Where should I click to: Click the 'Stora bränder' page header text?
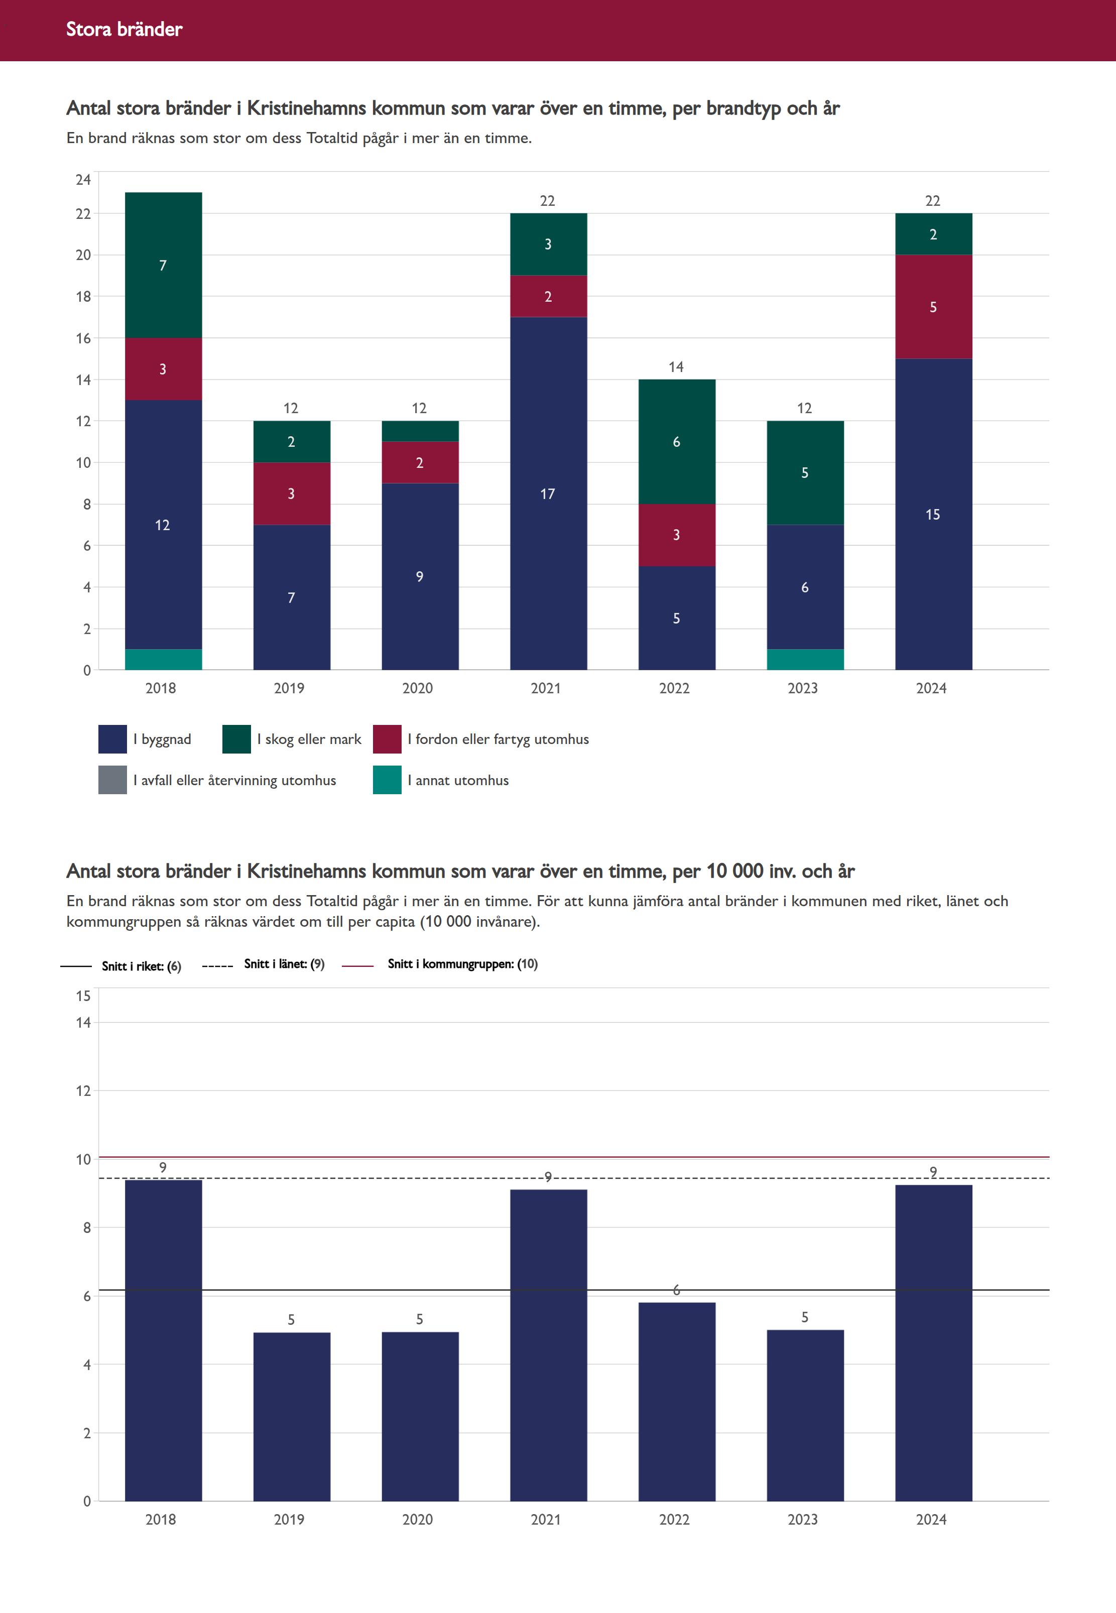click(x=124, y=29)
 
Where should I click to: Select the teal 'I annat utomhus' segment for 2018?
click(x=163, y=659)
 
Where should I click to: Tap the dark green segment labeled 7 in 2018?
click(x=163, y=265)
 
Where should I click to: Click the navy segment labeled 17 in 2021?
click(x=548, y=493)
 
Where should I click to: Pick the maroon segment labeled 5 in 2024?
click(x=933, y=306)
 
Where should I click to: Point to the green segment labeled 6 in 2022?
click(x=676, y=442)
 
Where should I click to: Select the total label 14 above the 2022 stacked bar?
click(x=676, y=367)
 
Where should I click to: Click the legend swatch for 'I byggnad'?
click(x=112, y=739)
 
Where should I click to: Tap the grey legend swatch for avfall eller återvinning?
click(x=112, y=780)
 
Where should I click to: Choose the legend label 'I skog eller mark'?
click(x=309, y=739)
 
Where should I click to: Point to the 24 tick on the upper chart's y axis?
click(x=83, y=180)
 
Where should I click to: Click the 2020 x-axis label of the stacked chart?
click(x=418, y=688)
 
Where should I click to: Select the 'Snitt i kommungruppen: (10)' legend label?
click(x=462, y=963)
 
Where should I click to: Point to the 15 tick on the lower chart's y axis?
click(x=83, y=996)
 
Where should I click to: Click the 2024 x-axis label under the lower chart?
click(x=931, y=1519)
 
